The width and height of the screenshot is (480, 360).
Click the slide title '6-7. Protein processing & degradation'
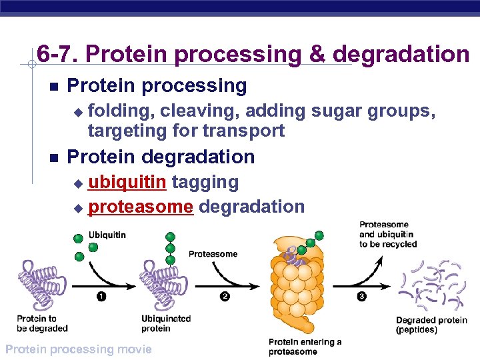(x=253, y=54)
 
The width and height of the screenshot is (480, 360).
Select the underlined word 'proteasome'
(x=141, y=207)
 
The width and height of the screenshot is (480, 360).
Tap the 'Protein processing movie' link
(x=78, y=349)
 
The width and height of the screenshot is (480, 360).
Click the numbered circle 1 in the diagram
(x=101, y=297)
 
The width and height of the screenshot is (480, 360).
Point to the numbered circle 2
(x=225, y=297)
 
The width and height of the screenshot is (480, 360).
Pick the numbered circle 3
(x=361, y=297)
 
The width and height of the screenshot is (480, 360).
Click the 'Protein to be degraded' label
(x=42, y=323)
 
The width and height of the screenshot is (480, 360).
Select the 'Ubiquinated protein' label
(x=166, y=323)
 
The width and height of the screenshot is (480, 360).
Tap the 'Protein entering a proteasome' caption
(x=305, y=346)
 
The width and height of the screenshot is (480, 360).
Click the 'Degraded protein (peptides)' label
(x=431, y=325)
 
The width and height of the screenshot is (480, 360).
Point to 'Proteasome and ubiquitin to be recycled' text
(x=387, y=235)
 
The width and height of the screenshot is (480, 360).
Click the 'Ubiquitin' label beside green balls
(x=107, y=235)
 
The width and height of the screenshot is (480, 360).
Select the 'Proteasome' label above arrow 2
(x=213, y=254)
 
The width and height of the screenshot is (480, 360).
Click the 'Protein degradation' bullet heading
(x=161, y=157)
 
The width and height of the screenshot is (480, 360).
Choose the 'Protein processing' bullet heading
(x=157, y=86)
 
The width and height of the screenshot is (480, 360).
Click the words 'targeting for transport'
(x=186, y=130)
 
